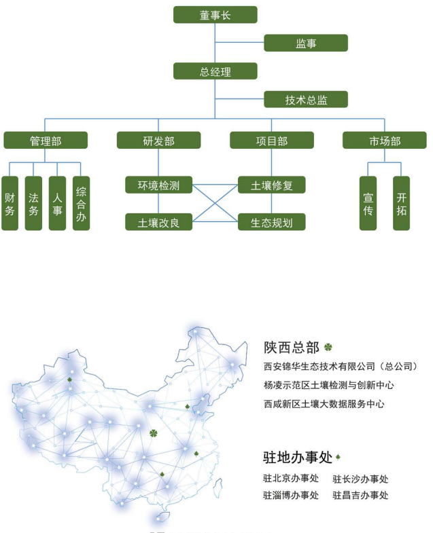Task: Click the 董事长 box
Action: pyautogui.click(x=215, y=15)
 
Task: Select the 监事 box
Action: pyautogui.click(x=306, y=43)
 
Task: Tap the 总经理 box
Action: pyautogui.click(x=215, y=71)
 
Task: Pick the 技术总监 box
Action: pyautogui.click(x=306, y=99)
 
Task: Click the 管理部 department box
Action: pyautogui.click(x=46, y=140)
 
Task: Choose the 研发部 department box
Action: pyautogui.click(x=158, y=140)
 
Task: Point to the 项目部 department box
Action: pyautogui.click(x=272, y=140)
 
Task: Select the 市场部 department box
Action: pyautogui.click(x=384, y=140)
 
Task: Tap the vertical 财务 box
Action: pyautogui.click(x=10, y=203)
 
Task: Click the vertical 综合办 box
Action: pyautogui.click(x=81, y=203)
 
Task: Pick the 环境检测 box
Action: pyautogui.click(x=158, y=185)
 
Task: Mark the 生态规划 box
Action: pyautogui.click(x=271, y=222)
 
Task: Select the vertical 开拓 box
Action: pyautogui.click(x=401, y=203)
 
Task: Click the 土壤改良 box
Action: pyautogui.click(x=158, y=222)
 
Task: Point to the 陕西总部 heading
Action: pyautogui.click(x=292, y=348)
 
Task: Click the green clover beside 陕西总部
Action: pyautogui.click(x=328, y=347)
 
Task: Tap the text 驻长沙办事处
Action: pyautogui.click(x=360, y=479)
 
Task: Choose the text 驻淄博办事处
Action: pyautogui.click(x=291, y=495)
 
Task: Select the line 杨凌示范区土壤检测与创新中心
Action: pyautogui.click(x=328, y=385)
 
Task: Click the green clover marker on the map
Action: pyautogui.click(x=154, y=433)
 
